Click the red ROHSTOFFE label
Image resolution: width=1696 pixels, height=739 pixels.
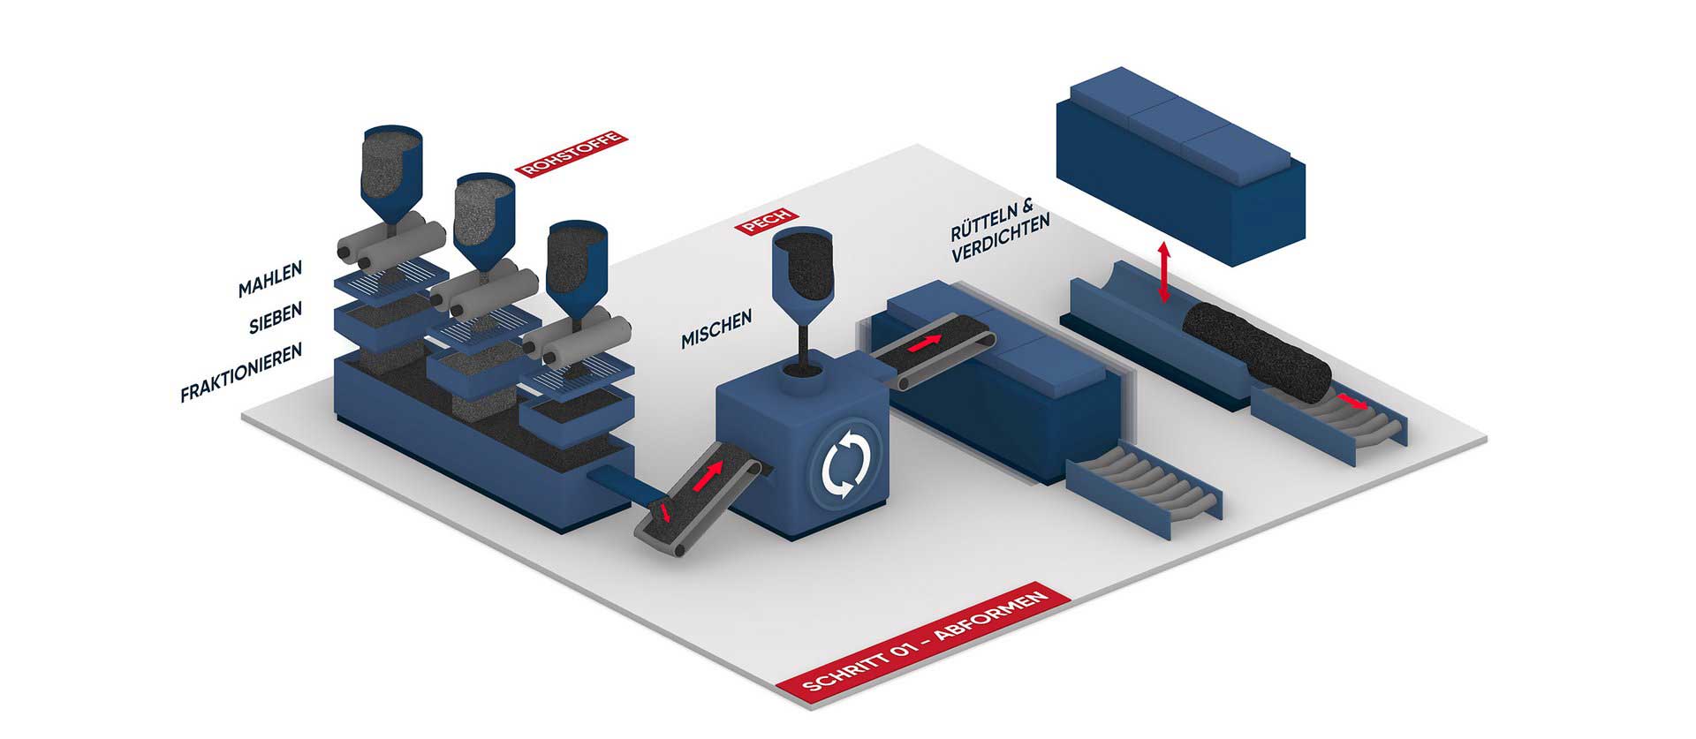coord(570,155)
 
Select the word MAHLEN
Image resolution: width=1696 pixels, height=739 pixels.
coord(270,277)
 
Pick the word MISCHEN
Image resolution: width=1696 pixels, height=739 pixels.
coord(716,328)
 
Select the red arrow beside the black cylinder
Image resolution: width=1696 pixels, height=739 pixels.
coord(1351,403)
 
